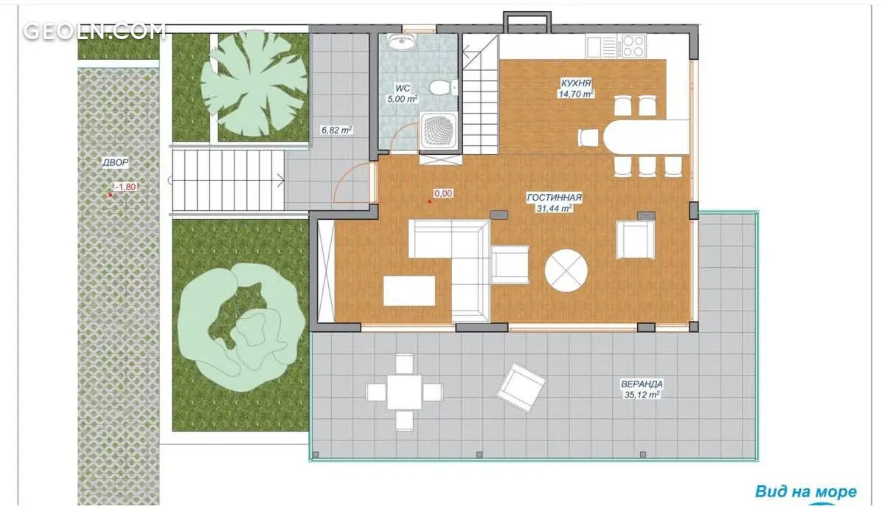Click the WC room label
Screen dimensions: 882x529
tap(402, 89)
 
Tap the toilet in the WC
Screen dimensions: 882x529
tap(440, 88)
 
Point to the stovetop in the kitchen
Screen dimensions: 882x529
tap(632, 46)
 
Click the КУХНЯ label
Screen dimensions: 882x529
tap(575, 83)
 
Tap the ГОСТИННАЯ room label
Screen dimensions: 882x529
tap(554, 198)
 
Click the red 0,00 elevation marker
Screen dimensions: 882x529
tap(443, 193)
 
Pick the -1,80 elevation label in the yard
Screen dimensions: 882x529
tap(125, 187)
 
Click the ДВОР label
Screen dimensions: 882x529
tap(115, 162)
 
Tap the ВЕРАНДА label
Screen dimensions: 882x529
tap(642, 384)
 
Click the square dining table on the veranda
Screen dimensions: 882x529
tap(404, 393)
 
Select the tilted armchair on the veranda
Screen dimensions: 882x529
tap(521, 387)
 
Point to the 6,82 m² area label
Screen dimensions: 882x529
tap(336, 130)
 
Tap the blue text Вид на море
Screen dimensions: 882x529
tap(805, 491)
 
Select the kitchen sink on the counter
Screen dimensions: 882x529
tap(601, 46)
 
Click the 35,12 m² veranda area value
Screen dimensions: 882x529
tap(642, 395)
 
